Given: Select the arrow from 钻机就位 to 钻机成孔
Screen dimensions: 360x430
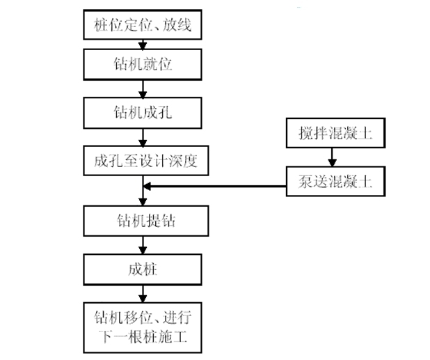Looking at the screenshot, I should (143, 88).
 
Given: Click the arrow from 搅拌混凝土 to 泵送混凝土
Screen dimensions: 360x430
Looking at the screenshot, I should (333, 159).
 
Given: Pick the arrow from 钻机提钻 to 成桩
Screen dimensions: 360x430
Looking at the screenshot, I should (143, 246).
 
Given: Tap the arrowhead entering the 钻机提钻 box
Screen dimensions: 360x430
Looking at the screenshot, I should (143, 203).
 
